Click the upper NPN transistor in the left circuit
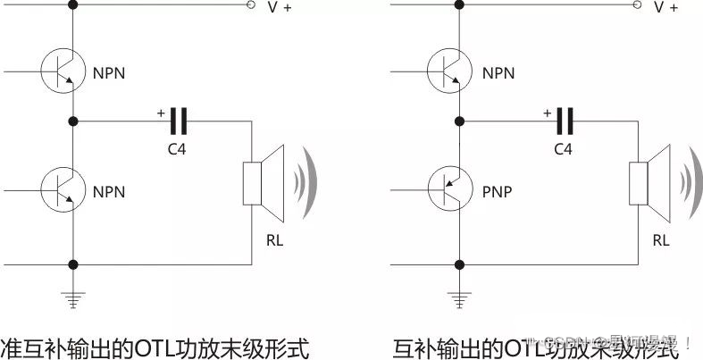(61, 68)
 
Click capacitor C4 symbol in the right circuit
(564, 119)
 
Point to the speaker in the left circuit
(268, 183)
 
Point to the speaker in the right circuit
(653, 183)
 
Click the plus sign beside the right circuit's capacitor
(546, 113)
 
